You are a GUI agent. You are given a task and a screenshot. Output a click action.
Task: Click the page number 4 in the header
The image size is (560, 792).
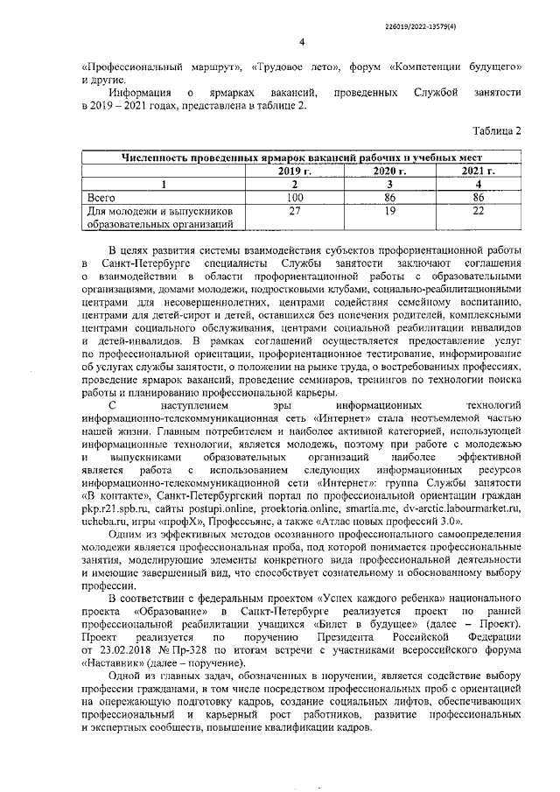point(300,42)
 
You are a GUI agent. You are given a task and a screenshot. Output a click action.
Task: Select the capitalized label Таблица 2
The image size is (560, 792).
point(496,130)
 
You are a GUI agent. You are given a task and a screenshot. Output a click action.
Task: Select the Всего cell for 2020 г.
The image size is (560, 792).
point(389,198)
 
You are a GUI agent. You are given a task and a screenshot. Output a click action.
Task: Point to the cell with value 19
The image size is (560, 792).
point(389,211)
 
